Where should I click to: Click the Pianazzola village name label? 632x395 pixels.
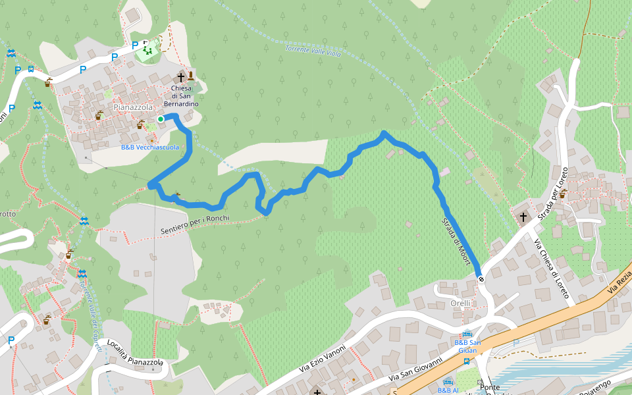tap(133, 107)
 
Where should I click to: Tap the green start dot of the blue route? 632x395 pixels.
tap(161, 119)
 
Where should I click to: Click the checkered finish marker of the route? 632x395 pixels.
tap(481, 279)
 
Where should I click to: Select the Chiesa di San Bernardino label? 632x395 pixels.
tap(181, 96)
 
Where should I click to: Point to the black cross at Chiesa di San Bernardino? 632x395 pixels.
tap(180, 78)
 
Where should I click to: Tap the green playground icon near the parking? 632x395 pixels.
tap(147, 50)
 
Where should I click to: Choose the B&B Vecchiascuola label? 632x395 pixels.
tap(149, 147)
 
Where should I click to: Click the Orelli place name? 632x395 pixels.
tap(460, 303)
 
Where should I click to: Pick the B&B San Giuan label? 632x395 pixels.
tap(467, 346)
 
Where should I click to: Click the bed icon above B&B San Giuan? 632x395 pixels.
tap(467, 333)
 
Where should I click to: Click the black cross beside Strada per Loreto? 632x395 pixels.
tap(524, 217)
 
